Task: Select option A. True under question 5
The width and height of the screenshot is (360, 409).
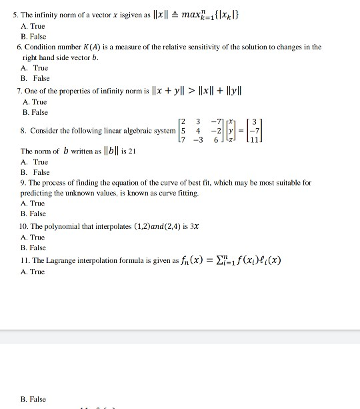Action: click(x=33, y=27)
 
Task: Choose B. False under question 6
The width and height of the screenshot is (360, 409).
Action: click(x=35, y=78)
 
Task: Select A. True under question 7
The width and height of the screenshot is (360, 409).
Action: click(x=33, y=101)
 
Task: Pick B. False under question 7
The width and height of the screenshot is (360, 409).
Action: click(x=35, y=112)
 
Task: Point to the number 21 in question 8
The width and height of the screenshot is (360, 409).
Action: click(x=132, y=151)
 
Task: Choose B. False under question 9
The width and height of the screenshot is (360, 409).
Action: click(x=33, y=214)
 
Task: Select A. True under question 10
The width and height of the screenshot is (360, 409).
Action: click(x=33, y=237)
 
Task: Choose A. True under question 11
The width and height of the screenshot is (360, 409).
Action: click(x=33, y=272)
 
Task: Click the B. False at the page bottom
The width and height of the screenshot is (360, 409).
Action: click(x=33, y=399)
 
